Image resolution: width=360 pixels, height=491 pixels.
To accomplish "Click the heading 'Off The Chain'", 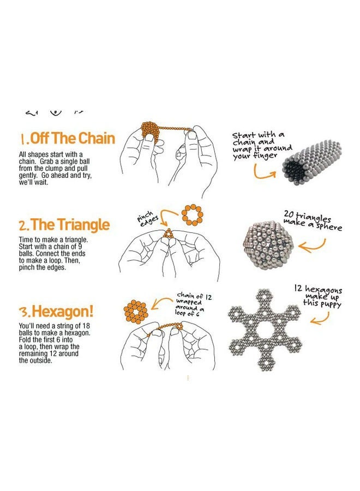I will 67,137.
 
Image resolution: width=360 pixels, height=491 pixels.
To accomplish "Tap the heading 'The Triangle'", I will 64,225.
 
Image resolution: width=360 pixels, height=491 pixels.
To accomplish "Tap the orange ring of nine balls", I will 192,214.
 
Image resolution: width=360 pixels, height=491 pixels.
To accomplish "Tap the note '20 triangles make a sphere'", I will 312,219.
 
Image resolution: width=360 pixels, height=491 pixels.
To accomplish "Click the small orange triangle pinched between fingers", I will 169,233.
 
